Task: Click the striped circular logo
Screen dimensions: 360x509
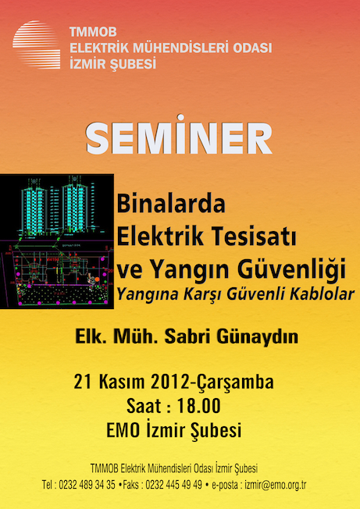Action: pos(37,44)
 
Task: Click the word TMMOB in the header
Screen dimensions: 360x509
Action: pos(93,32)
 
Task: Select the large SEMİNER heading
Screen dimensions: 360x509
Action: pos(179,135)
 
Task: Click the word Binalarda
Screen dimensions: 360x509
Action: pos(171,204)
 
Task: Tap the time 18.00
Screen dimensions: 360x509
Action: pos(198,406)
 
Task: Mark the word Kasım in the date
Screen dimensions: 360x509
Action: pos(123,383)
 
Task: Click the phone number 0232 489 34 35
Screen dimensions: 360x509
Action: pos(87,485)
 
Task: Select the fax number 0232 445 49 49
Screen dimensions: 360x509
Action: pos(173,485)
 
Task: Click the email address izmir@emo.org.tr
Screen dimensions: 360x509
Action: pos(276,485)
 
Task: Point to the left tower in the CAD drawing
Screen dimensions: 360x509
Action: pos(34,208)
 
